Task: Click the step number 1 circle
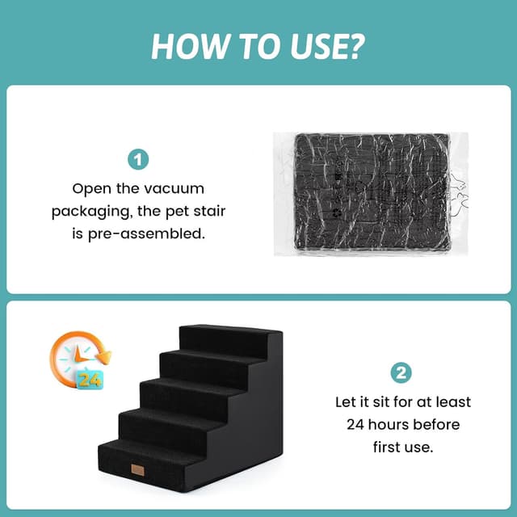tap(138, 160)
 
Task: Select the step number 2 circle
tap(401, 373)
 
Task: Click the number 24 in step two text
tap(355, 425)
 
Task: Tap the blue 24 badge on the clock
tap(90, 380)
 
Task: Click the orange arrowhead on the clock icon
tap(106, 358)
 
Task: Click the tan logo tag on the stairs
tap(137, 470)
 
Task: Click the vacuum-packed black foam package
tap(371, 194)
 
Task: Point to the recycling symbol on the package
tap(337, 213)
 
